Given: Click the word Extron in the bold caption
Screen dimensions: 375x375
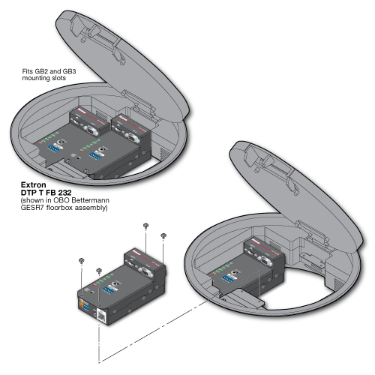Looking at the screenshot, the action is tap(34, 184).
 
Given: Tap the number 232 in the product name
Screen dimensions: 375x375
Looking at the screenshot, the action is tap(64, 193).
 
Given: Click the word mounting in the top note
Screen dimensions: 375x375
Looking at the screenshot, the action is tap(33, 78).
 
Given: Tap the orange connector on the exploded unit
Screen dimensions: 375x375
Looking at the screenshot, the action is tap(81, 304).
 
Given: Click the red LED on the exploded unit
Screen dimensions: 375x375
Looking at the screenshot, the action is tap(94, 285).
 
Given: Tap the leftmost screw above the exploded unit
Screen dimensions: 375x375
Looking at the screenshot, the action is tap(81, 261).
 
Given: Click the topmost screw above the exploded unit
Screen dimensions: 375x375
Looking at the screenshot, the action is tap(145, 226).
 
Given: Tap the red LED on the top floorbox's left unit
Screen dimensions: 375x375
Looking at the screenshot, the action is tap(39, 143).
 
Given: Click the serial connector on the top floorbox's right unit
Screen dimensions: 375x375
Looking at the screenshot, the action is tap(131, 136).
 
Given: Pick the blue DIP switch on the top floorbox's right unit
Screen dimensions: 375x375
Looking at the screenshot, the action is tap(94, 155).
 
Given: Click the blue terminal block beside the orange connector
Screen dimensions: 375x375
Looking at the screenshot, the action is tap(86, 307).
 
